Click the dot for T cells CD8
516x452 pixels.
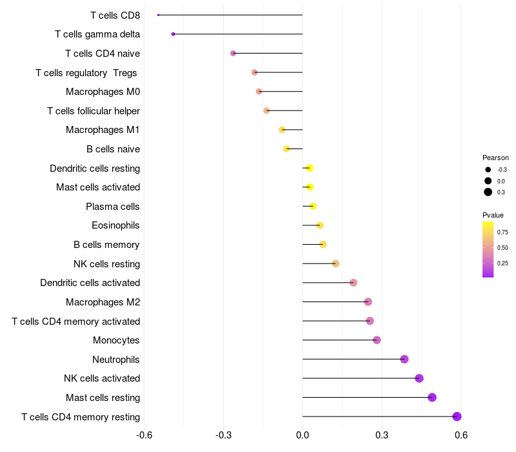tap(158, 15)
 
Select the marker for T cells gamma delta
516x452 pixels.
tap(173, 34)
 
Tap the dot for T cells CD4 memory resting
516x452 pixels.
tap(457, 416)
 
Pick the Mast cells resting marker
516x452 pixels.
tap(432, 397)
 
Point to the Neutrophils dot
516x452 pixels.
tap(404, 359)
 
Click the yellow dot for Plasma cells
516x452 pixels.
tap(313, 206)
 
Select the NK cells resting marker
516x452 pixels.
tap(335, 263)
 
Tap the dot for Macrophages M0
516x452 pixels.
tap(259, 91)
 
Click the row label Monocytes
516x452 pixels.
tap(116, 340)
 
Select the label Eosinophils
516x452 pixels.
tap(115, 225)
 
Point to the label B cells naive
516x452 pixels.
tap(114, 149)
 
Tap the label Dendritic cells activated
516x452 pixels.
tap(90, 283)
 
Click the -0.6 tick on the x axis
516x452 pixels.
tap(144, 435)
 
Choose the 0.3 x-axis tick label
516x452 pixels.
tap(382, 435)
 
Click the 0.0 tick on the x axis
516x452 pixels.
tap(303, 435)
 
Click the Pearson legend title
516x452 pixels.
tap(495, 158)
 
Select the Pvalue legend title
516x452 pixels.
tap(493, 215)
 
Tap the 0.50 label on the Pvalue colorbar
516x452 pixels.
tap(502, 248)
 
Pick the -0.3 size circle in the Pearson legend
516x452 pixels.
tap(488, 170)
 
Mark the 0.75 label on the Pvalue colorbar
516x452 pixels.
tap(502, 232)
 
